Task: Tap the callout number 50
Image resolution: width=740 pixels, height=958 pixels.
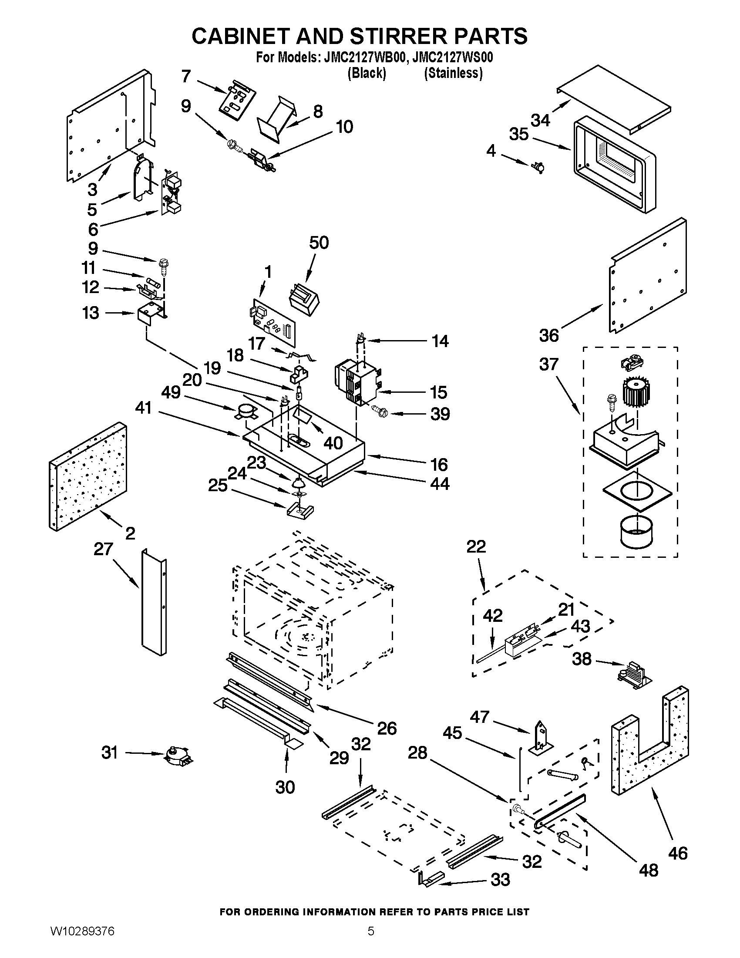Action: pos(319,243)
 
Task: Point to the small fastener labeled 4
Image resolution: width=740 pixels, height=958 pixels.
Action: pos(538,167)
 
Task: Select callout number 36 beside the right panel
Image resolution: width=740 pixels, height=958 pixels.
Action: pos(549,336)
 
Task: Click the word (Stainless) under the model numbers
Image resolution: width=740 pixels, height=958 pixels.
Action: pos(453,73)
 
